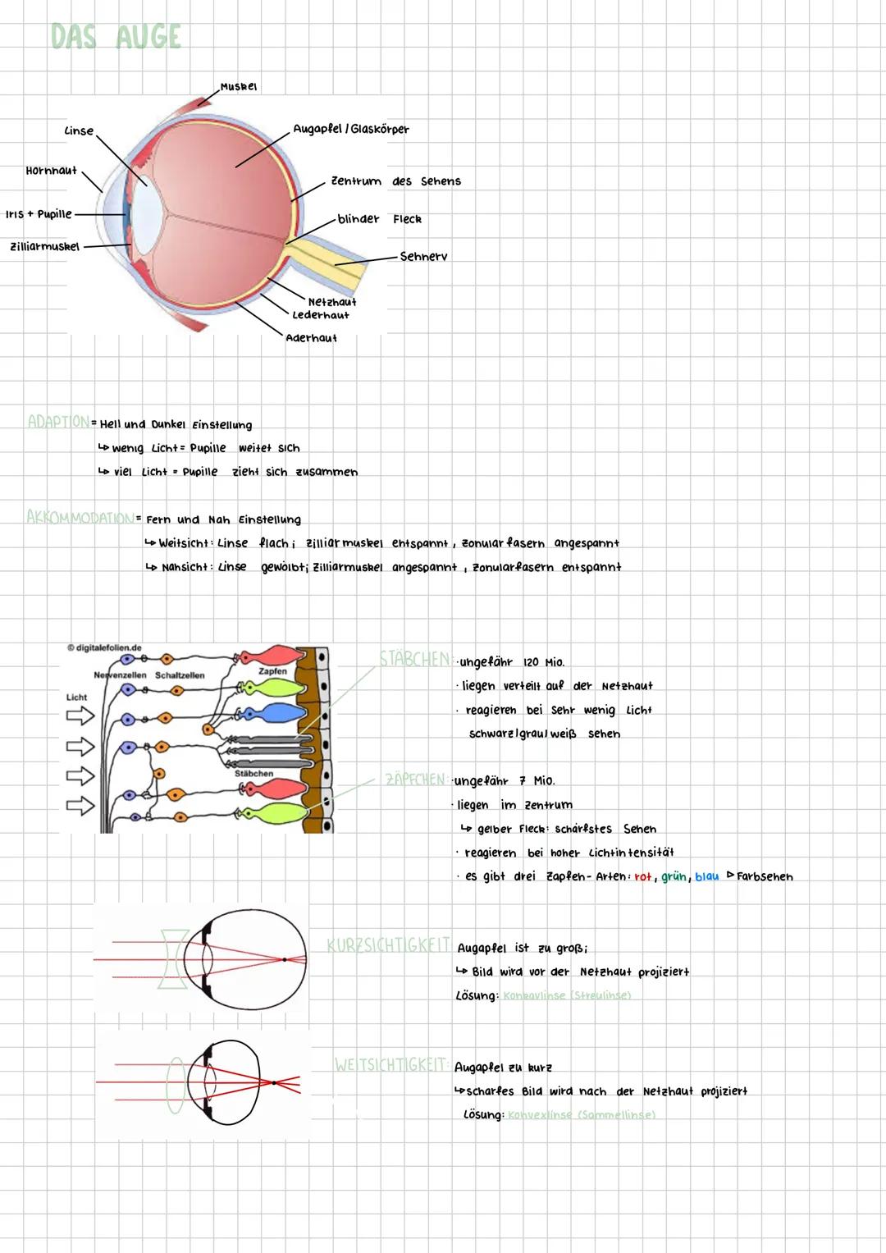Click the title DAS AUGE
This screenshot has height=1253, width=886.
(x=116, y=37)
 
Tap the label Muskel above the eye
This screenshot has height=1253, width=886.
(x=239, y=86)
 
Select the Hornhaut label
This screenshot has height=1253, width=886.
(x=51, y=171)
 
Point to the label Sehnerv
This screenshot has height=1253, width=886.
(x=423, y=257)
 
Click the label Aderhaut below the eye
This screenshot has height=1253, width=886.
(x=311, y=338)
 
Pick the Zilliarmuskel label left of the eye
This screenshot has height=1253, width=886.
(x=45, y=246)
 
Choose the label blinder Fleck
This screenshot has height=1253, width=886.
(x=379, y=219)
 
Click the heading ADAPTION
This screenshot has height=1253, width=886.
(x=58, y=422)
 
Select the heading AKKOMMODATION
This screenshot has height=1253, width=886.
(x=80, y=518)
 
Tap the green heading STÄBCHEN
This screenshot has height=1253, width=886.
(x=414, y=659)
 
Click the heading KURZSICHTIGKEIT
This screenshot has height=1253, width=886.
(x=388, y=945)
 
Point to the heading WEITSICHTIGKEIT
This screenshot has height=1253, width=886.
(x=390, y=1065)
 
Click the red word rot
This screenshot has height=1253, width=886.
(x=642, y=877)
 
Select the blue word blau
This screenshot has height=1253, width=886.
(x=706, y=876)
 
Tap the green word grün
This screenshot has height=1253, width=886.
(x=674, y=876)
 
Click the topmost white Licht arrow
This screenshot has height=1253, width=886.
(x=80, y=716)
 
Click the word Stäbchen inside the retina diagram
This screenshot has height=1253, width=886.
(x=253, y=773)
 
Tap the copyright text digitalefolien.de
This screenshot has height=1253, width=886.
(x=104, y=648)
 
